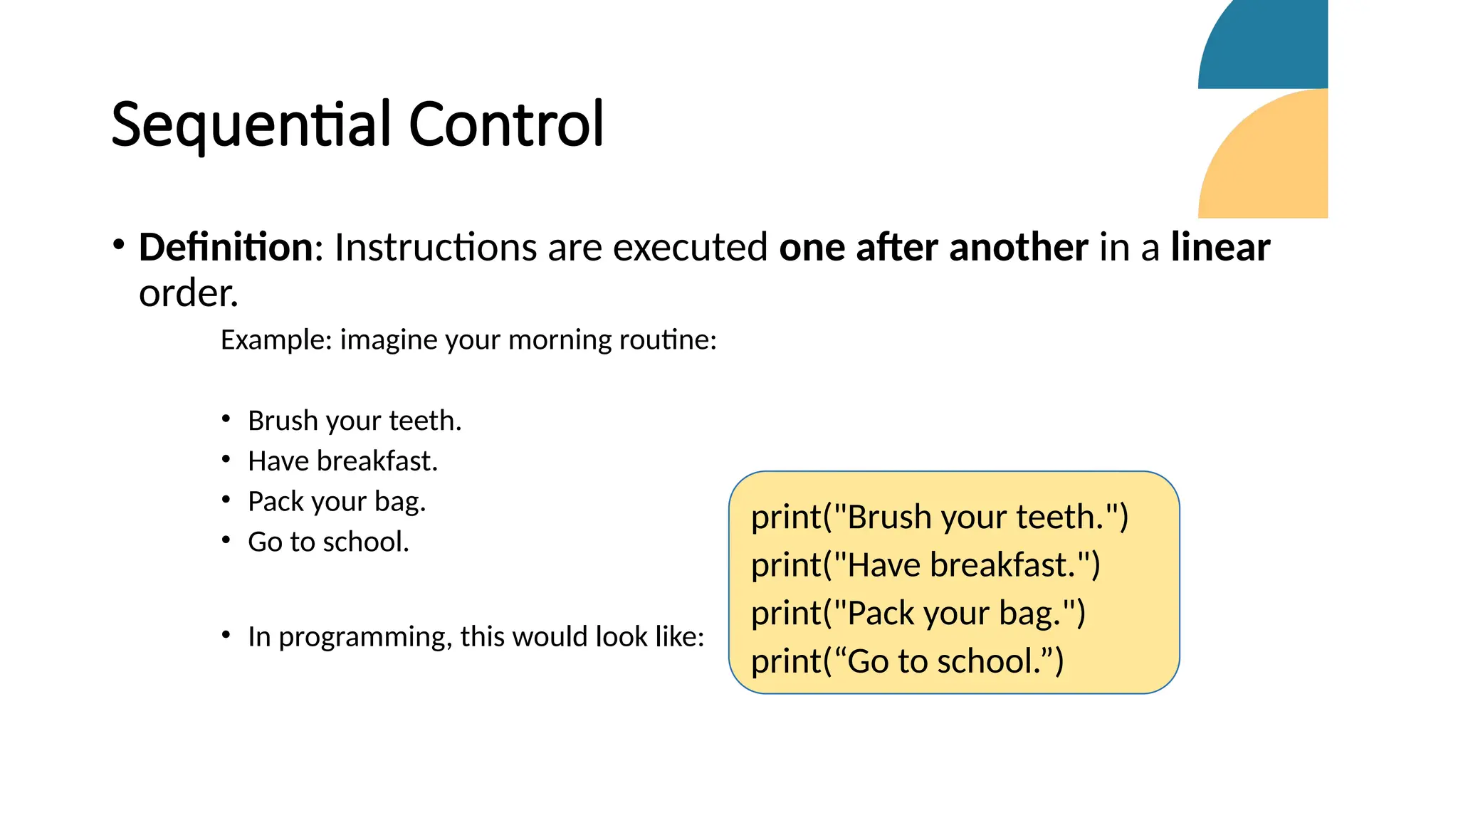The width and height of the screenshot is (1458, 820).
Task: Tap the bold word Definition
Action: click(226, 248)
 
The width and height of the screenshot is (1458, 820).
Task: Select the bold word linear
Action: click(1220, 248)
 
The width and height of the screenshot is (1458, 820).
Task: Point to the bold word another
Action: click(1018, 248)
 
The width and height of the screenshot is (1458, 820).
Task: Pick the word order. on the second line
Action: click(188, 293)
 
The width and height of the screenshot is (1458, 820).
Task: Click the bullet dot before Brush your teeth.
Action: click(226, 419)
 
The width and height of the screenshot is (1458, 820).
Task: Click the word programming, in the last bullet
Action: click(365, 637)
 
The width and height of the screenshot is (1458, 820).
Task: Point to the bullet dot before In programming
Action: click(226, 634)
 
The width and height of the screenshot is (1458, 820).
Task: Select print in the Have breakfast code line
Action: click(786, 566)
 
